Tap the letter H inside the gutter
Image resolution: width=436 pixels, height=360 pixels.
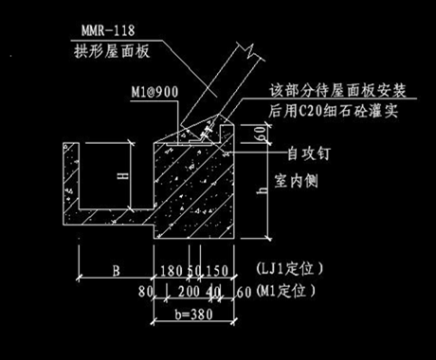coord(112,176)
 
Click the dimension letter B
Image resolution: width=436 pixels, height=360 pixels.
coord(115,272)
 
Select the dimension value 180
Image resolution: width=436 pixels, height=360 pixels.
coord(171,272)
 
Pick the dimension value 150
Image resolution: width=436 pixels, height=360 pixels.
coord(217,272)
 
